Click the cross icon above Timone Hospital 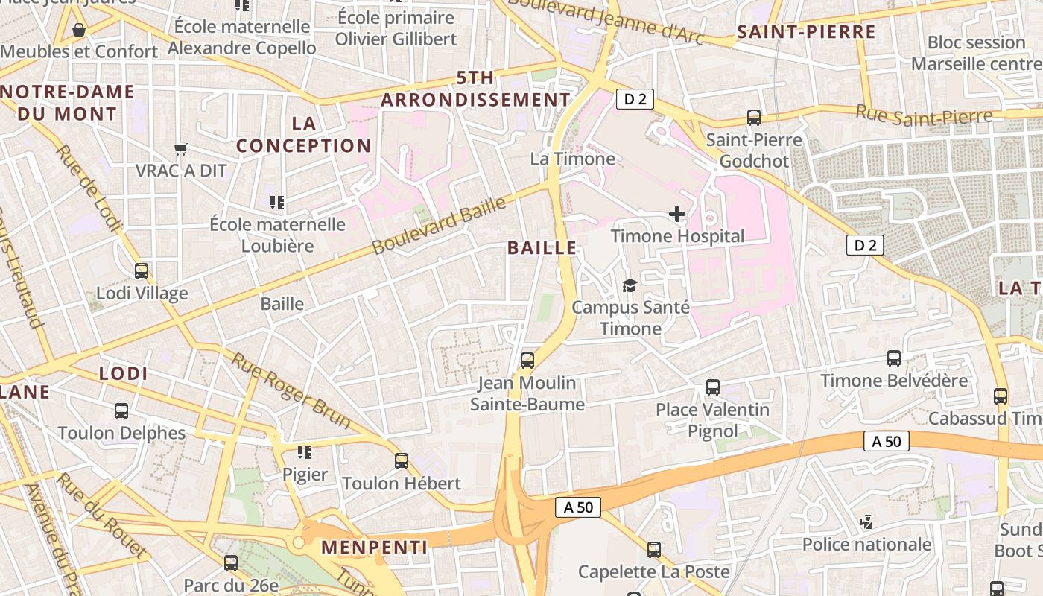pyautogui.click(x=676, y=215)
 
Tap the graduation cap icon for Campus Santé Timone pyautogui.click(x=630, y=285)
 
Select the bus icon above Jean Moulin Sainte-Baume pyautogui.click(x=527, y=361)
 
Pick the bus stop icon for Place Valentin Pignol pyautogui.click(x=713, y=387)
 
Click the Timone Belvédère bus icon pyautogui.click(x=894, y=358)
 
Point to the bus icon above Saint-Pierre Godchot pyautogui.click(x=754, y=118)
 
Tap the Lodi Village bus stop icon pyautogui.click(x=142, y=271)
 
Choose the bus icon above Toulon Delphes pyautogui.click(x=121, y=410)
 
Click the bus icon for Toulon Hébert pyautogui.click(x=402, y=460)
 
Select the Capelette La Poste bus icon pyautogui.click(x=654, y=550)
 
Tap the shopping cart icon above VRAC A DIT pyautogui.click(x=180, y=149)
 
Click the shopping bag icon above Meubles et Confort pyautogui.click(x=79, y=30)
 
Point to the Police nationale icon pyautogui.click(x=866, y=522)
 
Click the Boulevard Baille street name pyautogui.click(x=439, y=225)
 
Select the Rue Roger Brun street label pyautogui.click(x=291, y=390)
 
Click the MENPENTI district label pyautogui.click(x=374, y=548)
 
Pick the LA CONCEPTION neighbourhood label pyautogui.click(x=304, y=135)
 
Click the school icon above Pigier pyautogui.click(x=304, y=452)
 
